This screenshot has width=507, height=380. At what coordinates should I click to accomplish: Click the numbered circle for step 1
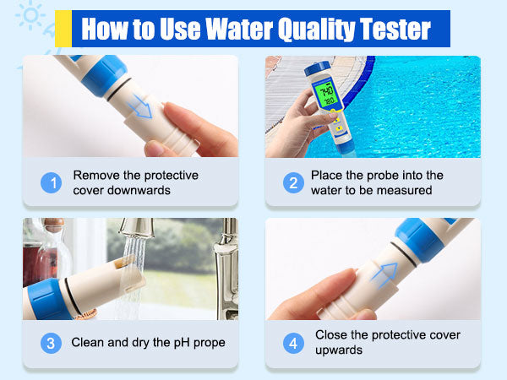click(x=51, y=183)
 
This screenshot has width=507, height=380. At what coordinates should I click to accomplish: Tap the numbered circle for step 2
click(x=293, y=183)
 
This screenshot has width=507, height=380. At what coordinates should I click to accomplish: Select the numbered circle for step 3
click(x=51, y=343)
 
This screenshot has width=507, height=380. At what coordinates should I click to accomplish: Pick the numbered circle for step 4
click(x=293, y=343)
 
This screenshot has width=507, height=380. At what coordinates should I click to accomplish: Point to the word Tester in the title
click(x=395, y=29)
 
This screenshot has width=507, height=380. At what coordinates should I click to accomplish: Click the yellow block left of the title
click(x=63, y=29)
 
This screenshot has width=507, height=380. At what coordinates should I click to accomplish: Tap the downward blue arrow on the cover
click(x=140, y=106)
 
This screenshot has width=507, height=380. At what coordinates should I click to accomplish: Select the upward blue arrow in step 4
click(x=384, y=274)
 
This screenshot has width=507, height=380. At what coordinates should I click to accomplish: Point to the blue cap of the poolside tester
click(x=317, y=68)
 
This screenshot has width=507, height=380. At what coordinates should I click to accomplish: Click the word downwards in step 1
click(x=139, y=190)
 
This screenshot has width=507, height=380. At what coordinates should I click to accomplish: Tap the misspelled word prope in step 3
click(x=210, y=343)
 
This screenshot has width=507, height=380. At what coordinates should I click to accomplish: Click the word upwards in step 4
click(x=339, y=350)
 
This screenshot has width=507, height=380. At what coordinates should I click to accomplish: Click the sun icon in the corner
click(x=30, y=15)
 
